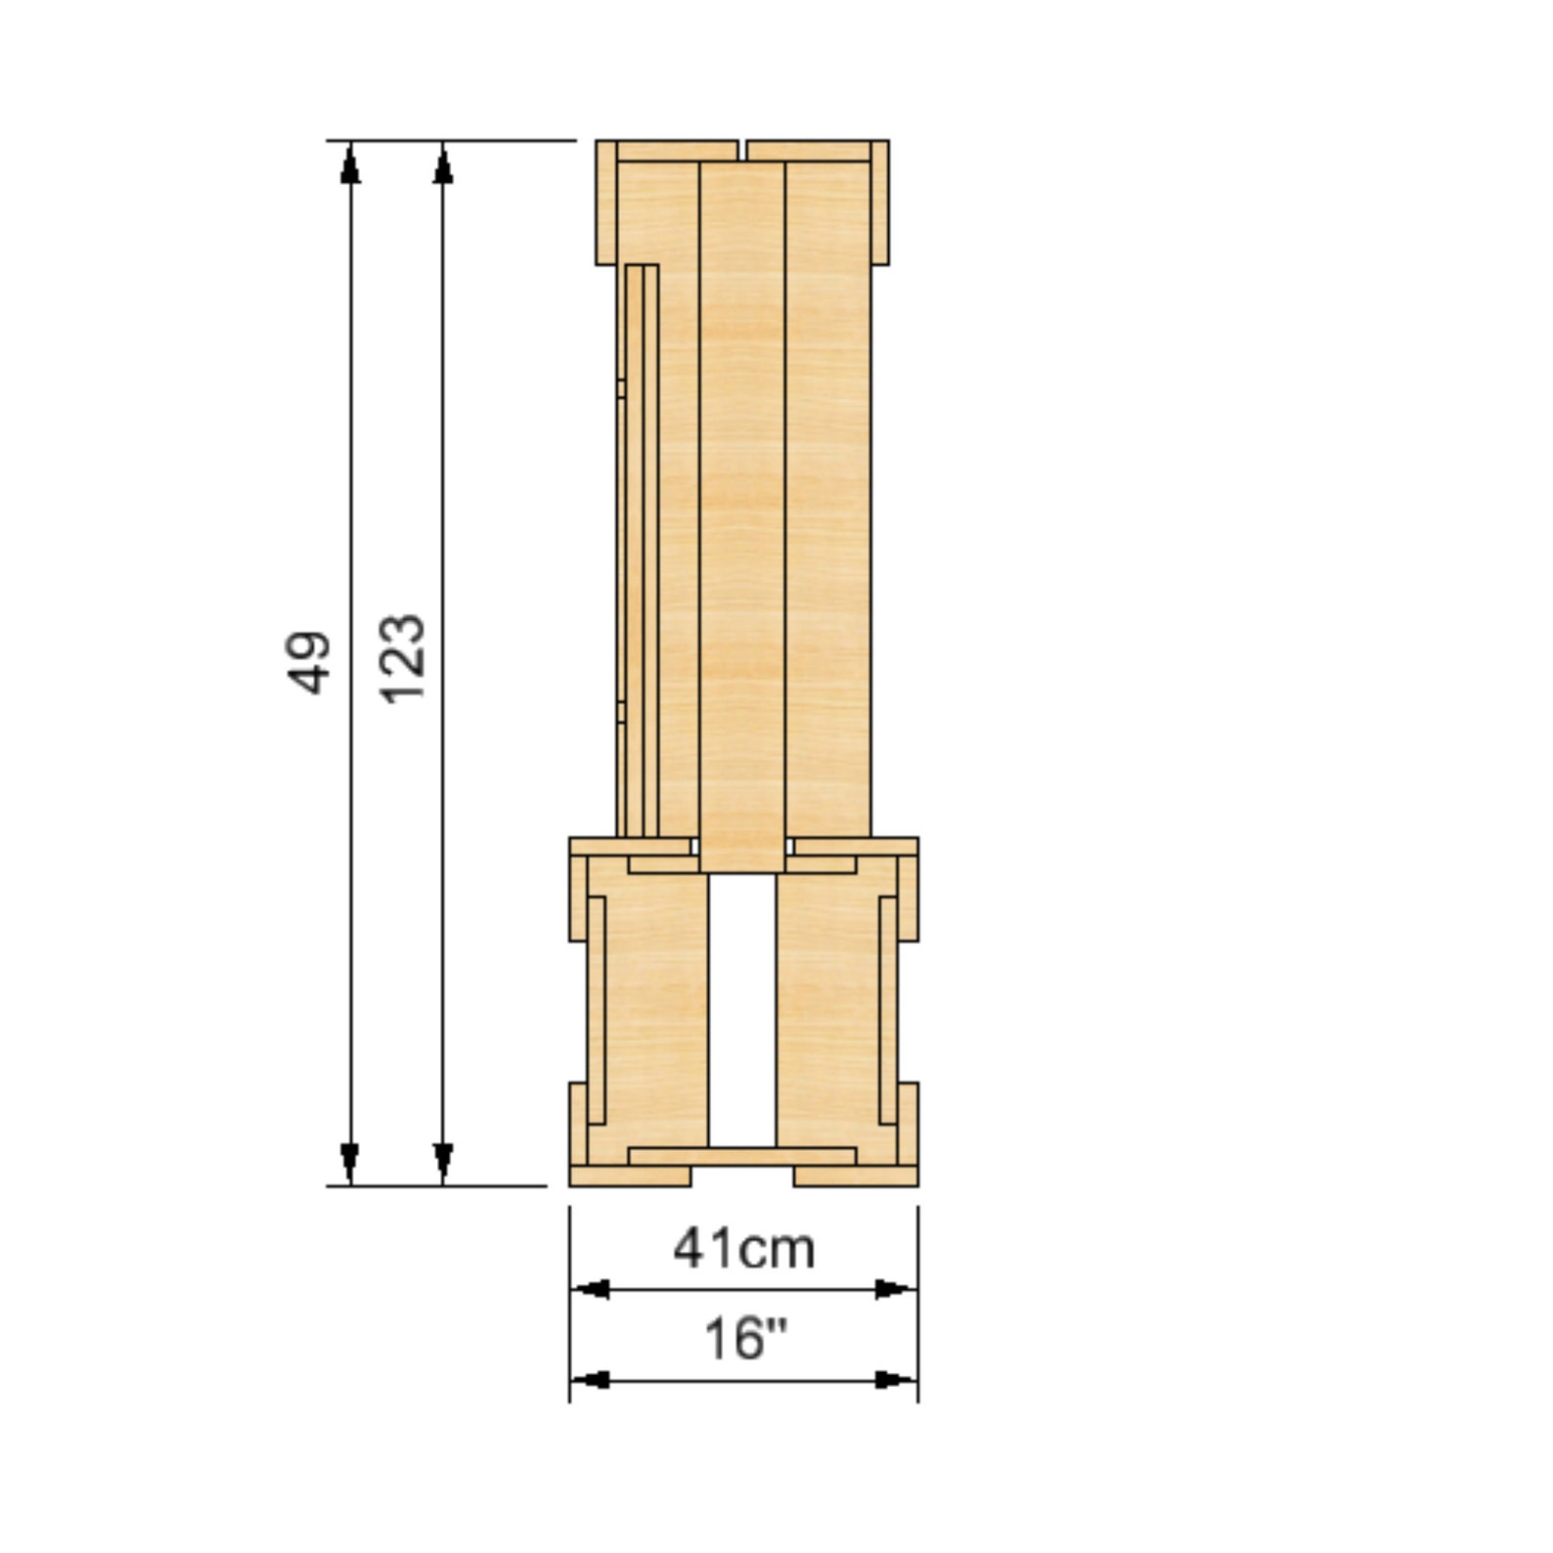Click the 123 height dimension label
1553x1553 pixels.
pyautogui.click(x=402, y=658)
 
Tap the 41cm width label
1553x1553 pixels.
pyautogui.click(x=743, y=1249)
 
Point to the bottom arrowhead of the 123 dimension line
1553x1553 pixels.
pyautogui.click(x=443, y=1162)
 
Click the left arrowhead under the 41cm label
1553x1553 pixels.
pyautogui.click(x=591, y=1289)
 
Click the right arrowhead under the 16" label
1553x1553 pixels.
pyautogui.click(x=895, y=1380)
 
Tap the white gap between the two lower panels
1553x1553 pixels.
pyautogui.click(x=742, y=1007)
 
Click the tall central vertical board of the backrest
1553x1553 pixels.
pyautogui.click(x=742, y=509)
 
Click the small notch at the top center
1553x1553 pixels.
pyautogui.click(x=742, y=150)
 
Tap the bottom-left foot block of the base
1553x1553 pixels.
pyautogui.click(x=630, y=1176)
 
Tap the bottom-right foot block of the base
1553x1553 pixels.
pyautogui.click(x=856, y=1176)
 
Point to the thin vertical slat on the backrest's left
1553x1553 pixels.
pyautogui.click(x=642, y=548)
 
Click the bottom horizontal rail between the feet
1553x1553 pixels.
pyautogui.click(x=742, y=1156)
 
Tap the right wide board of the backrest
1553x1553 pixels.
pyautogui.click(x=827, y=489)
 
